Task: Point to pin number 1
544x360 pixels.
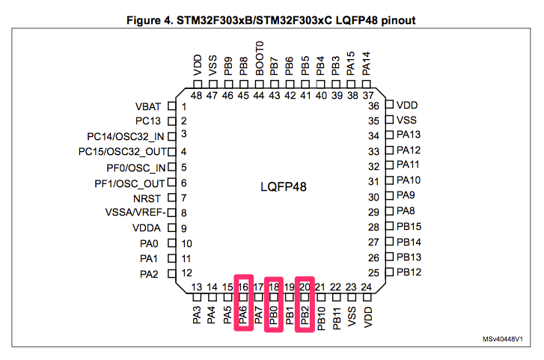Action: click(183, 106)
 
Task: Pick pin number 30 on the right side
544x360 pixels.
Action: click(373, 198)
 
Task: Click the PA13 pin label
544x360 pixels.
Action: click(409, 135)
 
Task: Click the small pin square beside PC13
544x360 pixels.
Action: click(171, 121)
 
